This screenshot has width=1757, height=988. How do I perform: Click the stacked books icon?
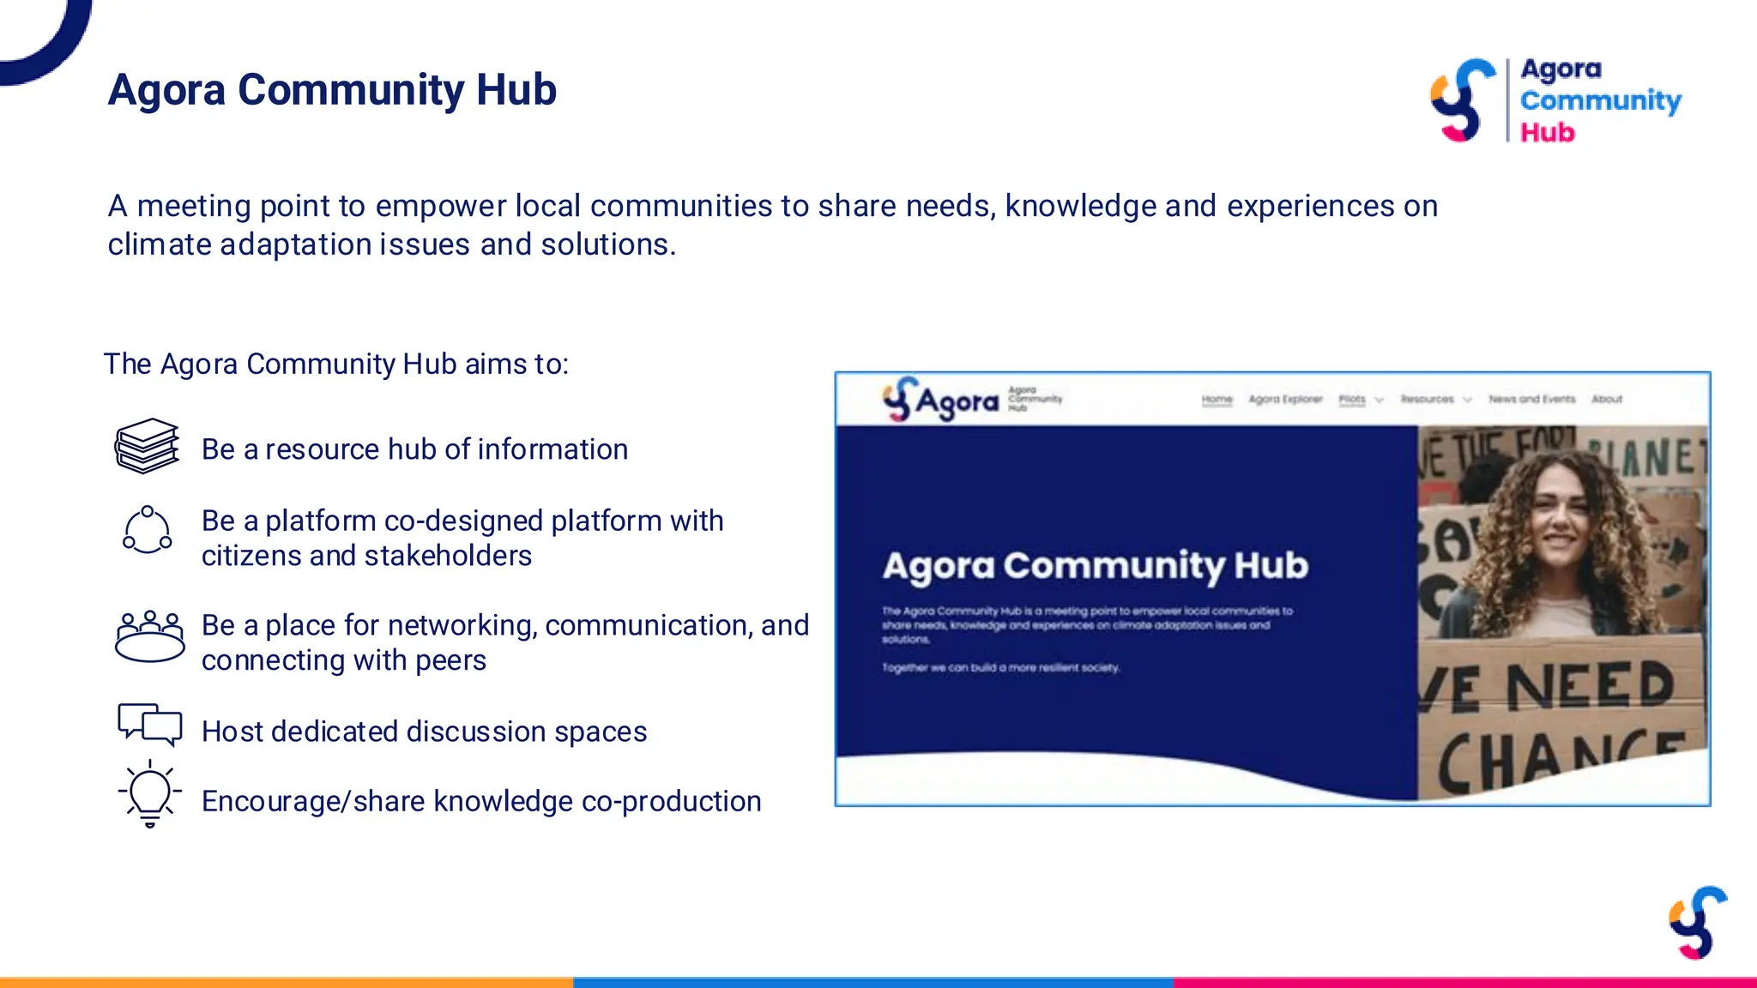tap(148, 447)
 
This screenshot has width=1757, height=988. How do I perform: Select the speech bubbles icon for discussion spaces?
tap(149, 725)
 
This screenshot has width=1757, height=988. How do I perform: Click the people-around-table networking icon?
tap(149, 637)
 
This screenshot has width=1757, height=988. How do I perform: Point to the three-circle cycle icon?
tap(148, 530)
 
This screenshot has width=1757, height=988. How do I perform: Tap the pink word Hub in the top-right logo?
tap(1547, 133)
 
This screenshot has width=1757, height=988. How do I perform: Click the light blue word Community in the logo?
tap(1600, 100)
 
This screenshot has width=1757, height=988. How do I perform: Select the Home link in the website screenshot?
tap(1217, 400)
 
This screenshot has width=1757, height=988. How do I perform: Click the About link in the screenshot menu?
tap(1606, 400)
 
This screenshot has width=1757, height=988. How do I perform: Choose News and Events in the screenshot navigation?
tap(1531, 400)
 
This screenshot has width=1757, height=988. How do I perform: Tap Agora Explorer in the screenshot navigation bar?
tap(1284, 400)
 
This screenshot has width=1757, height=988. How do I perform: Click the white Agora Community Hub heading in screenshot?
tap(1096, 566)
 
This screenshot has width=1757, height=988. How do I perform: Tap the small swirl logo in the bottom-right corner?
tap(1697, 923)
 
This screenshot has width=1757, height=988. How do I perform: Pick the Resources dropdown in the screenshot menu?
tap(1434, 400)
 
